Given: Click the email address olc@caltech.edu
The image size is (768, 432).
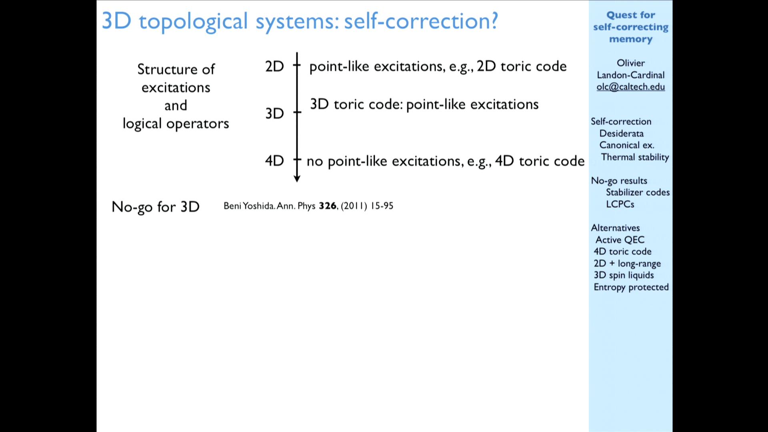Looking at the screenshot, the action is (630, 87).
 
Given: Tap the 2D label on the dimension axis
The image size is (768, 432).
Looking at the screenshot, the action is (274, 66).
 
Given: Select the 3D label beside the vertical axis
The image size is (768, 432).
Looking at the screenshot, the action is (274, 114).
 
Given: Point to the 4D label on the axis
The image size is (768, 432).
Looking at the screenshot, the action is (274, 161).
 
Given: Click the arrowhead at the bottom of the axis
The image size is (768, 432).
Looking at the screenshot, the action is (297, 179).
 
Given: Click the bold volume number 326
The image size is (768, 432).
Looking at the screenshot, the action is (328, 206).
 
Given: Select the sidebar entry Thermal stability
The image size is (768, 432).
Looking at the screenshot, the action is (635, 157).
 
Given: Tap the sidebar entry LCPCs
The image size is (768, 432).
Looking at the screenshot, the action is (620, 204).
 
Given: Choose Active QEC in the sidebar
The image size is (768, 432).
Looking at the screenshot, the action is (620, 240).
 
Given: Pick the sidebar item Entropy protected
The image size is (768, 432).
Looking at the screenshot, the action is (631, 287).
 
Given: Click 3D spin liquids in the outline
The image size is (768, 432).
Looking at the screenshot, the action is (624, 275).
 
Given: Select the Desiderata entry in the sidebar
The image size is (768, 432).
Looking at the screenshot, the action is (621, 133).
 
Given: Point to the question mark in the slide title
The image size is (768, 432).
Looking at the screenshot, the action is (494, 20).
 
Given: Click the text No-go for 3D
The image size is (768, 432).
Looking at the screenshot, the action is (156, 207).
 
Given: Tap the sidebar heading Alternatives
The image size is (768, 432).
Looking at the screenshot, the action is (615, 228).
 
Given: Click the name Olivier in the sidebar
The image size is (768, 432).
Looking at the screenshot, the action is (631, 63).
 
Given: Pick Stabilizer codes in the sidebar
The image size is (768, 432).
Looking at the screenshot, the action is (638, 192).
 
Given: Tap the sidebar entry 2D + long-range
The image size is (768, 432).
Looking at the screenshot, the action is (627, 264).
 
